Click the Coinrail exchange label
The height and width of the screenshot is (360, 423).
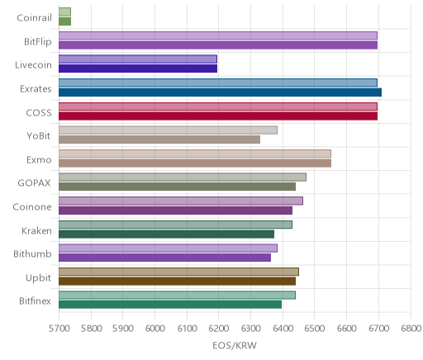(34, 18)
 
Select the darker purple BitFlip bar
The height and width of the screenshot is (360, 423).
(218, 45)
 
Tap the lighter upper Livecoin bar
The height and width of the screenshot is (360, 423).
(138, 59)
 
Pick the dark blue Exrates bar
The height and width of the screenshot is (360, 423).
(220, 92)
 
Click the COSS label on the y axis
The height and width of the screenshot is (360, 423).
(39, 113)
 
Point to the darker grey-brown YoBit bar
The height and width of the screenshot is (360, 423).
(159, 140)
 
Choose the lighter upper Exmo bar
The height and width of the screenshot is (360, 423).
(195, 154)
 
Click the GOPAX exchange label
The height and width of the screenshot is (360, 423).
(35, 183)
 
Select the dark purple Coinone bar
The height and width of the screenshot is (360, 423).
(175, 211)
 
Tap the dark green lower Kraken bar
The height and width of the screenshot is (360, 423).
(166, 234)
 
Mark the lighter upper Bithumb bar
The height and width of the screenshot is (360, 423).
(168, 248)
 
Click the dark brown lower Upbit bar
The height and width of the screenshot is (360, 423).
(177, 282)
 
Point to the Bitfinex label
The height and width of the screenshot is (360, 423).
(35, 301)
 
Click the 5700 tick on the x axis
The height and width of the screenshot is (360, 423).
(59, 329)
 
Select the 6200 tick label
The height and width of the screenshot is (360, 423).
(219, 329)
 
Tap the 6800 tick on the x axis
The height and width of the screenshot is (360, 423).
(411, 329)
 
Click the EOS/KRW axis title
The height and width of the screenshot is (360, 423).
(235, 345)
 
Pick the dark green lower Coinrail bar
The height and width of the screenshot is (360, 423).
(64, 21)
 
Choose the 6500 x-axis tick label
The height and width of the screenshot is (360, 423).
(315, 329)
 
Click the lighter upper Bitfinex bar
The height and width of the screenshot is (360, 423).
(177, 296)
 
